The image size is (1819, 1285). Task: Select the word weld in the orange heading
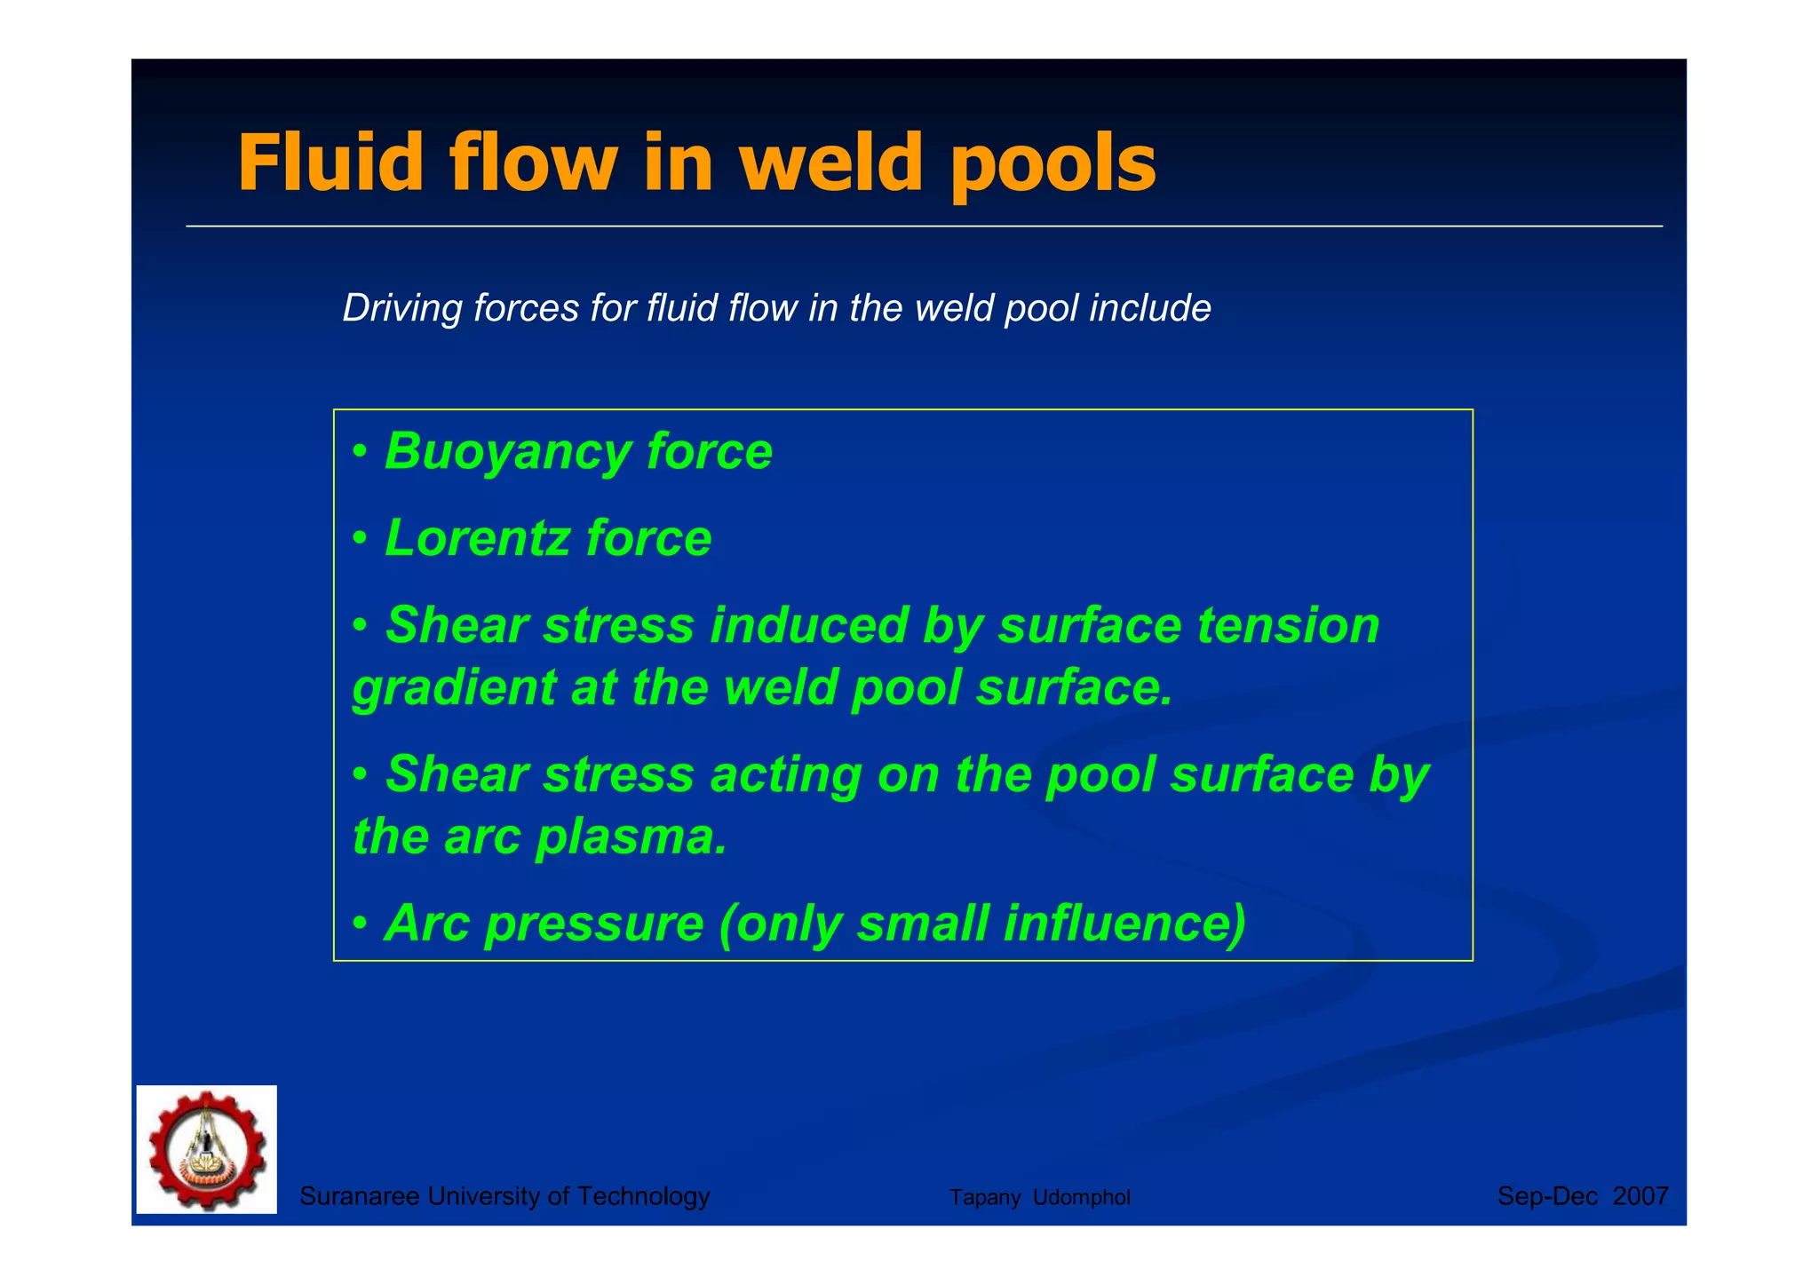pyautogui.click(x=831, y=163)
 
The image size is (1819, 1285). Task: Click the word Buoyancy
pyautogui.click(x=506, y=452)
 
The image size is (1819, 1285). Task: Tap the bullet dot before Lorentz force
pyautogui.click(x=360, y=538)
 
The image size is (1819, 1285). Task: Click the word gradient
pyautogui.click(x=454, y=688)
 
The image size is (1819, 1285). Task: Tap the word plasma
pyautogui.click(x=631, y=837)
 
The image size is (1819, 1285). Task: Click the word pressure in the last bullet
pyautogui.click(x=595, y=924)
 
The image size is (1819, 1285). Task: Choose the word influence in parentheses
pyautogui.click(x=1124, y=924)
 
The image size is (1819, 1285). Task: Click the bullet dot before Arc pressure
pyautogui.click(x=360, y=924)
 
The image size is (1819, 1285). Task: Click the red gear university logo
pyautogui.click(x=207, y=1149)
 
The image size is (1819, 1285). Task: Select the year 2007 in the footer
pyautogui.click(x=1640, y=1197)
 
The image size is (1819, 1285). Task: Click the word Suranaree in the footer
pyautogui.click(x=359, y=1197)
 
